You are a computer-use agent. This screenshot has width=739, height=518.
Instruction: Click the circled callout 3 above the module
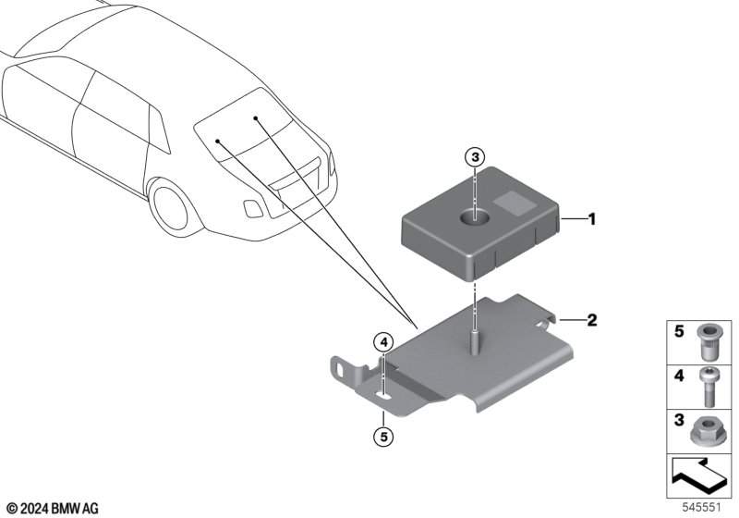pos(475,157)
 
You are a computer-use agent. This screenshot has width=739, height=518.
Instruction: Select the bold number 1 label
pos(592,219)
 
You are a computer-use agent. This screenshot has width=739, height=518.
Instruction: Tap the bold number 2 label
pos(592,320)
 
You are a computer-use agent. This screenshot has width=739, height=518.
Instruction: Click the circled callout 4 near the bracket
pos(383,341)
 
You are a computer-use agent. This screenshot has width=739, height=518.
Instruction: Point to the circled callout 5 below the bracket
pos(383,437)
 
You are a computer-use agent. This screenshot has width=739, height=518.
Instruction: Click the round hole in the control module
pos(475,216)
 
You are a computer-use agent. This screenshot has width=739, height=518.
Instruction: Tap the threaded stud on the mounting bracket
pos(475,341)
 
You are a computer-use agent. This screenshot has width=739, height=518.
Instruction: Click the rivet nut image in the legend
pos(705,342)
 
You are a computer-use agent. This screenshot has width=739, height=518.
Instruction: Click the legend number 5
pos(679,331)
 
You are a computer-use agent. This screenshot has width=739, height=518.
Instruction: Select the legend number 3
pos(679,419)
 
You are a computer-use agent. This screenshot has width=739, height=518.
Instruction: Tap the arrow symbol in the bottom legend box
pos(698,475)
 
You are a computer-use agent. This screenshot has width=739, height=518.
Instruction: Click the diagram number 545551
pos(702,508)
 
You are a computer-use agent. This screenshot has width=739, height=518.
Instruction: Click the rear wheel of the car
pos(171,207)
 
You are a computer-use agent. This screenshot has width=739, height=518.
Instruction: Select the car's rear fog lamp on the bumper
pos(253,208)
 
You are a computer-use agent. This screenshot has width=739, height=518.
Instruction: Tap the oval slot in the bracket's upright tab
pos(340,367)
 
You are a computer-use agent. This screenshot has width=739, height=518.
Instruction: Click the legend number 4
pos(679,376)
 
